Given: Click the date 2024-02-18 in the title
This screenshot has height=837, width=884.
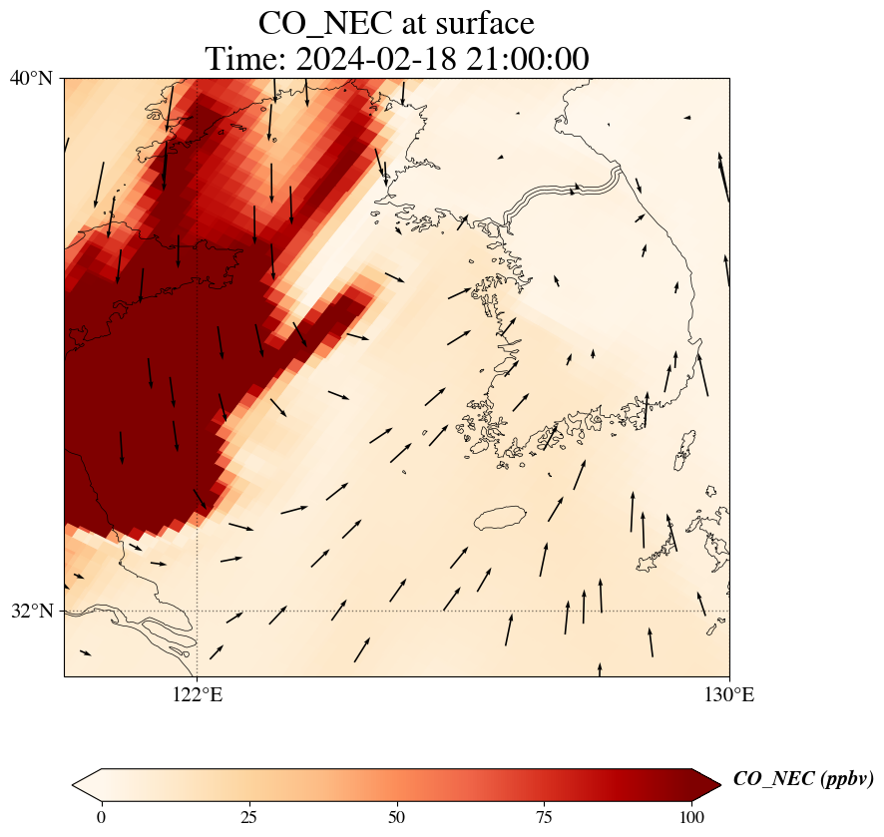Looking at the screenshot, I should click(374, 59).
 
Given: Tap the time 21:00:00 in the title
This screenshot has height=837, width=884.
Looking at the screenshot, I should click(524, 59).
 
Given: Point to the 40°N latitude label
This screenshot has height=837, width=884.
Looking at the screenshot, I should click(31, 78).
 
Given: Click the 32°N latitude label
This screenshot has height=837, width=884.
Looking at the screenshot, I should click(31, 611).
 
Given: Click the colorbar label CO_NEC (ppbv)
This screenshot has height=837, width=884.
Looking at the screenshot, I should click(803, 779).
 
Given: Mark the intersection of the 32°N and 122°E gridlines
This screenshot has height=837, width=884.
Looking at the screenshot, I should click(198, 611).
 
